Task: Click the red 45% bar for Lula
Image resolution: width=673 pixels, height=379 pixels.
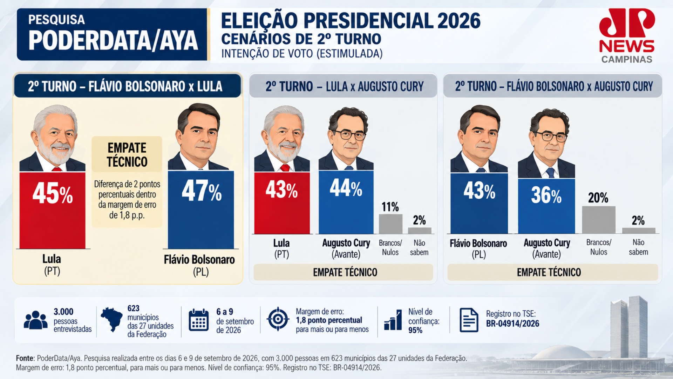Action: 52,210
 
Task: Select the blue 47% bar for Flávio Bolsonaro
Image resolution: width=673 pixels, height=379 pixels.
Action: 201,210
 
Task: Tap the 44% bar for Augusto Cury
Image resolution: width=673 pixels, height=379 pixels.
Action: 346,202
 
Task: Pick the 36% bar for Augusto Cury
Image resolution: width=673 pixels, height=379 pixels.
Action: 546,206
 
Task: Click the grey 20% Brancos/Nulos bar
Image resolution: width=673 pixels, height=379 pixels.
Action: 599,220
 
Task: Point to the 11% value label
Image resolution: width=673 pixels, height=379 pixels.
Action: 390,207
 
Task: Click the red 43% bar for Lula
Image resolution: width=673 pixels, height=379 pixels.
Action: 282,203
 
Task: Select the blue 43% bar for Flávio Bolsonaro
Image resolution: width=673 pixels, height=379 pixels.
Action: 479,203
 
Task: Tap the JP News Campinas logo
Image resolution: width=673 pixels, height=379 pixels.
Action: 627,36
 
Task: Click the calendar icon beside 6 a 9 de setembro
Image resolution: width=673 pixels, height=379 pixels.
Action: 198,320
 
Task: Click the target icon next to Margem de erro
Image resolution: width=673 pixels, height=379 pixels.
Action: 278,319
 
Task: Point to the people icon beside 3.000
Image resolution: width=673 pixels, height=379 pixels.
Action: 35,320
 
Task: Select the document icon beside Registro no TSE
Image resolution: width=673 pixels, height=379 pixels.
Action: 469,320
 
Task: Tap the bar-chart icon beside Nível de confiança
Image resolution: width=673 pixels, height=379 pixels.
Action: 393,320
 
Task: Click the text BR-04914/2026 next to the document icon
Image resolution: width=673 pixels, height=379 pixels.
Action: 512,324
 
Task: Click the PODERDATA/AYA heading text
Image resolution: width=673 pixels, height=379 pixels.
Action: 113,41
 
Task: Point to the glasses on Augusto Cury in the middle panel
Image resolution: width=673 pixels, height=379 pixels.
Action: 349,134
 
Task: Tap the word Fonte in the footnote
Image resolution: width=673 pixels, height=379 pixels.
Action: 25,358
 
